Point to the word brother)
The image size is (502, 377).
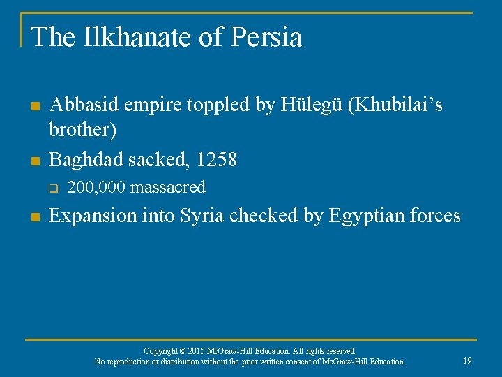click(x=83, y=131)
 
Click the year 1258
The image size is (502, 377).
click(x=217, y=160)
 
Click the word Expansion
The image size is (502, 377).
click(x=93, y=216)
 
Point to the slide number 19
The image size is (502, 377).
click(x=467, y=360)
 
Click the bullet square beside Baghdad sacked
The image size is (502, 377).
click(x=34, y=161)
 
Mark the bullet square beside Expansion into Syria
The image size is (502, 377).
click(x=34, y=217)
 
